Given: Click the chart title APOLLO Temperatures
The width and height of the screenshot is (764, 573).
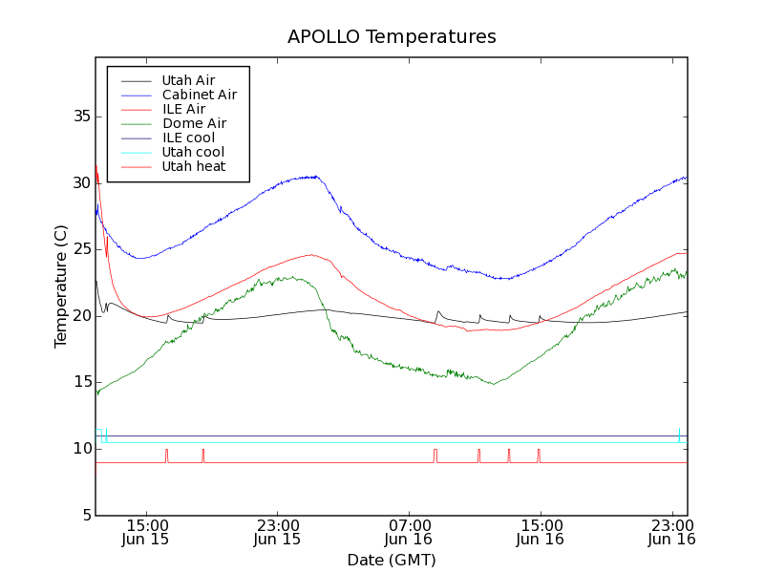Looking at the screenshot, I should [x=392, y=37].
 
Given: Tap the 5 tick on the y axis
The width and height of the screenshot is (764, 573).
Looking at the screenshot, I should [x=84, y=516].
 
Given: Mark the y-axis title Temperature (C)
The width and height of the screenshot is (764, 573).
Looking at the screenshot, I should [x=60, y=286].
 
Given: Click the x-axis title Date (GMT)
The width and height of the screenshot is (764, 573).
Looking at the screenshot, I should [x=392, y=560].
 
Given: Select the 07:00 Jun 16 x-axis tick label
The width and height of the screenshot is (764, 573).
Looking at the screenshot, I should [x=409, y=532].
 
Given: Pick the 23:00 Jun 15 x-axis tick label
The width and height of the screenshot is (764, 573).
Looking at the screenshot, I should [x=277, y=532].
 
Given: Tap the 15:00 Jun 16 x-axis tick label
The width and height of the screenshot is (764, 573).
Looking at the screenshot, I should [x=541, y=532].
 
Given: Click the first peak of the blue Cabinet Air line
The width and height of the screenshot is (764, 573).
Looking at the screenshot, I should [x=315, y=176].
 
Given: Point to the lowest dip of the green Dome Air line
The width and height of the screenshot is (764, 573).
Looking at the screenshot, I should [x=493, y=384].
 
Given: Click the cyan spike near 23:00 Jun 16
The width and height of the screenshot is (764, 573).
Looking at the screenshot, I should [x=679, y=434].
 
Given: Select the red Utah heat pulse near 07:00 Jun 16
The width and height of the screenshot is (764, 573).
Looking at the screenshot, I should [x=435, y=455].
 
